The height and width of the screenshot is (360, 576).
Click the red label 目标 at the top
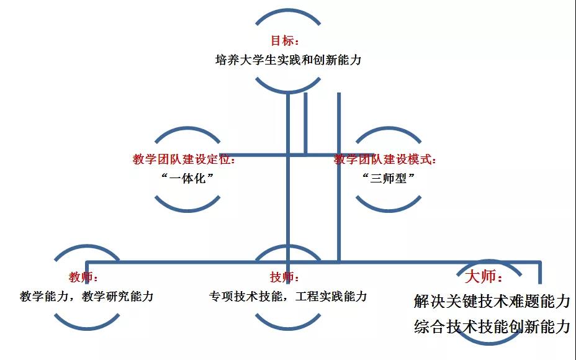282,40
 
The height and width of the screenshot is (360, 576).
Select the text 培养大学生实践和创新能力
289,60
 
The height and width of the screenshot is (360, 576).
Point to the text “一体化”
187,179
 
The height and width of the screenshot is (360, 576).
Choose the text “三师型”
389,179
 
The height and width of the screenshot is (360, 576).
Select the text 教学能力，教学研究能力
87,296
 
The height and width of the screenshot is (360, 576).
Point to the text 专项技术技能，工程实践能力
288,296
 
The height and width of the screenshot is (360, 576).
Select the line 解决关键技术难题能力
492,301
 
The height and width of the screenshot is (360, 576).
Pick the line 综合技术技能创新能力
492,326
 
